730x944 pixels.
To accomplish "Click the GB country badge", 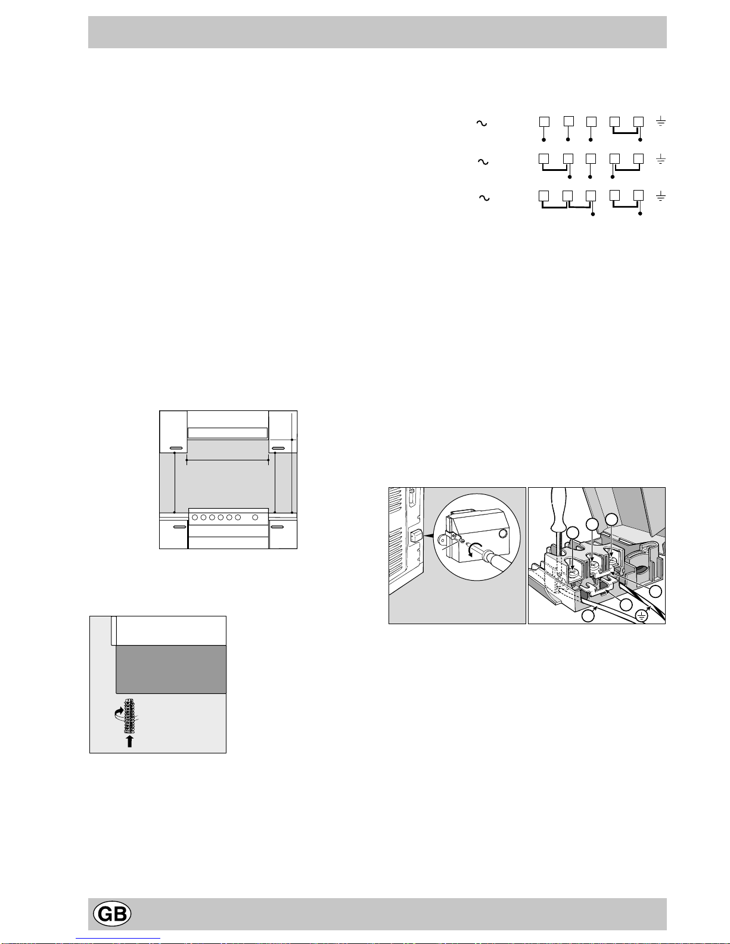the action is [112, 914].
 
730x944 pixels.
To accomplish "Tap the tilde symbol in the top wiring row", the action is [482, 123].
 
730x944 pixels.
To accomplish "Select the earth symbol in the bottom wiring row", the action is [660, 196].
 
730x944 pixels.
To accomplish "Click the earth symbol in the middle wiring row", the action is [660, 159].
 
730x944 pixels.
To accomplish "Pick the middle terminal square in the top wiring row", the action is [591, 121].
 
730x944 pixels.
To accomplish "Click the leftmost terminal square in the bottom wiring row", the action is [543, 195].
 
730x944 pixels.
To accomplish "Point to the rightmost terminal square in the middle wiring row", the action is [638, 158].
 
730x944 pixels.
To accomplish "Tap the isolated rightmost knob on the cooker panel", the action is [255, 518].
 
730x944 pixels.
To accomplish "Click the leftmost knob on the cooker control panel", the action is [195, 518].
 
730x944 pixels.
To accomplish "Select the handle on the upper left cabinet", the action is [175, 448].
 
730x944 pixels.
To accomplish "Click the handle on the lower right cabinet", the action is [277, 527].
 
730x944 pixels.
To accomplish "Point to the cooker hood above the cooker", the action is [227, 432].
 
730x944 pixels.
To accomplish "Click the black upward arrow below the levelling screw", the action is [129, 741].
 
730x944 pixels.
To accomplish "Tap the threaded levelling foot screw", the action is [129, 715].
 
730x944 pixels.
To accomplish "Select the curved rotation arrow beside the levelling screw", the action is [119, 713].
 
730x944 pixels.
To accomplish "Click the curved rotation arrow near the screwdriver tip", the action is [476, 550].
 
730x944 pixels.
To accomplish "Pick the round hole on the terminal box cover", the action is [503, 534].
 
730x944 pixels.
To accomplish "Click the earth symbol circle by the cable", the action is [642, 615].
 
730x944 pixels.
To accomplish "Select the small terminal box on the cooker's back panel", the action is [416, 537].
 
